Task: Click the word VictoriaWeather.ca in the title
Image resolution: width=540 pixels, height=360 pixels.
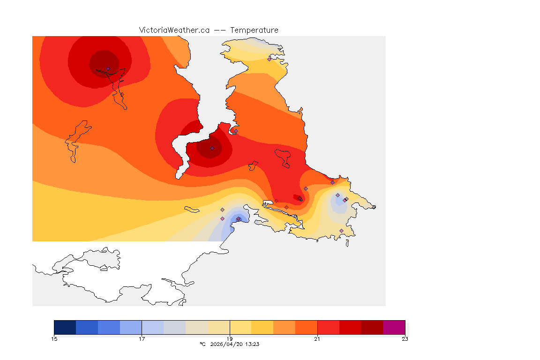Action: click(x=174, y=30)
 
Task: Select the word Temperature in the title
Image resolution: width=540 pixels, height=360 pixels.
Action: click(x=255, y=30)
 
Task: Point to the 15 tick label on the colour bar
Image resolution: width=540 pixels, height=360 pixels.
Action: click(x=54, y=338)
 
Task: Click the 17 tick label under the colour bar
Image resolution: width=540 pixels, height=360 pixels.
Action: click(x=142, y=338)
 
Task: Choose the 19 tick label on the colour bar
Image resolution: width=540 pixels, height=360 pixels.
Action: click(x=230, y=338)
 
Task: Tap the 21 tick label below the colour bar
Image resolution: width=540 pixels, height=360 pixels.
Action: click(x=317, y=338)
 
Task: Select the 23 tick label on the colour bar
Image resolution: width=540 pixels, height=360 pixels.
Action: click(x=405, y=338)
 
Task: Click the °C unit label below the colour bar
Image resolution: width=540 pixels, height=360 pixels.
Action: click(x=202, y=344)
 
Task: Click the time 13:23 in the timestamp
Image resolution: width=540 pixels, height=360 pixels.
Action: click(x=252, y=344)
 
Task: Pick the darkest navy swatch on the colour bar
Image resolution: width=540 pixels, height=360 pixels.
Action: click(x=65, y=327)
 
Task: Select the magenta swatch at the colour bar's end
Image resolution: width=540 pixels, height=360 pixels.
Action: click(x=394, y=327)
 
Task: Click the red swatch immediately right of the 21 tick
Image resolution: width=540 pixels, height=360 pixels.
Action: click(x=328, y=327)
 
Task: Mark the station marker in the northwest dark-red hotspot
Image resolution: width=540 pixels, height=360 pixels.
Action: click(x=108, y=68)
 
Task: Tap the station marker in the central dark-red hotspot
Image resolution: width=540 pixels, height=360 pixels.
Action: click(x=212, y=148)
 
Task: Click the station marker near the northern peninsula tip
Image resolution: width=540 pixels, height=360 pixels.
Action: click(x=269, y=59)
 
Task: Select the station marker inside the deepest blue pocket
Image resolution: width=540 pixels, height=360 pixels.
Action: click(x=238, y=218)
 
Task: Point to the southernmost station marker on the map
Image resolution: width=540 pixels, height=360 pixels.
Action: click(x=341, y=231)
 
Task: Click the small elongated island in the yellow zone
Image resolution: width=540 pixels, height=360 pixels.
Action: click(x=192, y=209)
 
